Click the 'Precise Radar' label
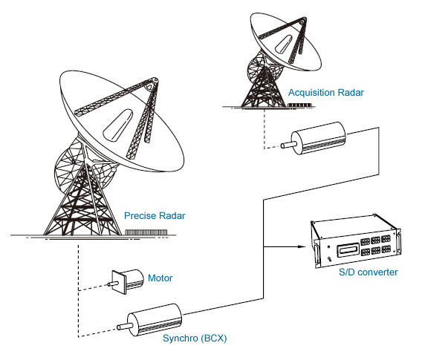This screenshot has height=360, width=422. (x=155, y=215)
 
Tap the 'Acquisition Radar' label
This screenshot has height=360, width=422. (x=326, y=93)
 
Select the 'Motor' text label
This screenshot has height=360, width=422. (x=160, y=278)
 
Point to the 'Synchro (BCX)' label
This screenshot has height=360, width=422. (x=195, y=338)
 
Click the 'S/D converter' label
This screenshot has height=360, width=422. (x=369, y=272)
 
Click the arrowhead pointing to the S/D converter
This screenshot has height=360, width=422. (x=302, y=246)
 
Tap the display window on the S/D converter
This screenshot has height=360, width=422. (x=348, y=250)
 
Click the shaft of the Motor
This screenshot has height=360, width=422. (x=113, y=284)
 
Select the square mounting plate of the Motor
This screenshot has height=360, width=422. (x=119, y=282)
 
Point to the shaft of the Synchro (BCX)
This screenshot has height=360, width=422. (x=124, y=327)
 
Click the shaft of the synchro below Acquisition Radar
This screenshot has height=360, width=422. (x=288, y=145)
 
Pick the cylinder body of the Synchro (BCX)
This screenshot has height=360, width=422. (x=155, y=320)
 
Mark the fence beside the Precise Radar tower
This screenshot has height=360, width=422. (x=146, y=232)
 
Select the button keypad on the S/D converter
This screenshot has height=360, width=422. (x=375, y=245)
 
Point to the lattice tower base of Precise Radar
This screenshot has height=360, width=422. (x=82, y=204)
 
